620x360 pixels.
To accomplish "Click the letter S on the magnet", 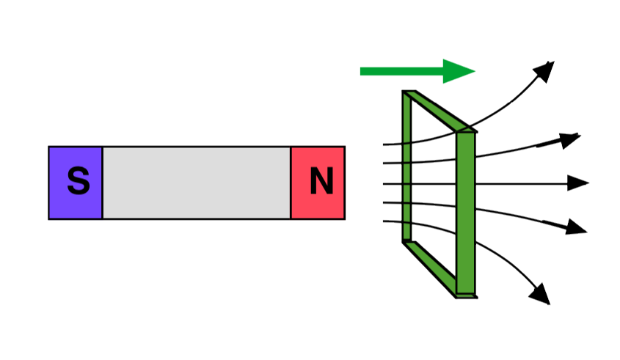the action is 79,181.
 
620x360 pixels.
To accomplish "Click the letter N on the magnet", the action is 321,181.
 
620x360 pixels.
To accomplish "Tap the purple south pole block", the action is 75,183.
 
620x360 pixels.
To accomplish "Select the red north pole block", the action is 318,183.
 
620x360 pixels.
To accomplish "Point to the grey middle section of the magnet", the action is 197,183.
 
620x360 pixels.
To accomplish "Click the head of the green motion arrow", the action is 459,72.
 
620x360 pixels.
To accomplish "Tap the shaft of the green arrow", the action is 401,72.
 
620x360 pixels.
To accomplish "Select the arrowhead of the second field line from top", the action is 569,140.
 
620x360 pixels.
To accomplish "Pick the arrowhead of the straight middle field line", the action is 578,183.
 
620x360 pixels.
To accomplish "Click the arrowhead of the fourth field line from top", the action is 576,227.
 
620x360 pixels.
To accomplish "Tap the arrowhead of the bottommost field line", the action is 541,295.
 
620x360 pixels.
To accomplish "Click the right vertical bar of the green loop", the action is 466,213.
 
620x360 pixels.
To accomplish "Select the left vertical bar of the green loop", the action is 406,166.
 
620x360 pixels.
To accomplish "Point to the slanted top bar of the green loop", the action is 439,111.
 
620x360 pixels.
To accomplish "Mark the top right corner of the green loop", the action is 475,131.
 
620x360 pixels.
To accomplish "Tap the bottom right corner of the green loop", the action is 476,297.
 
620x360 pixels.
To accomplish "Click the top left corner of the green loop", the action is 403,92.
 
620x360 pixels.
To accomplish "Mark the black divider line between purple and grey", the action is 103,183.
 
